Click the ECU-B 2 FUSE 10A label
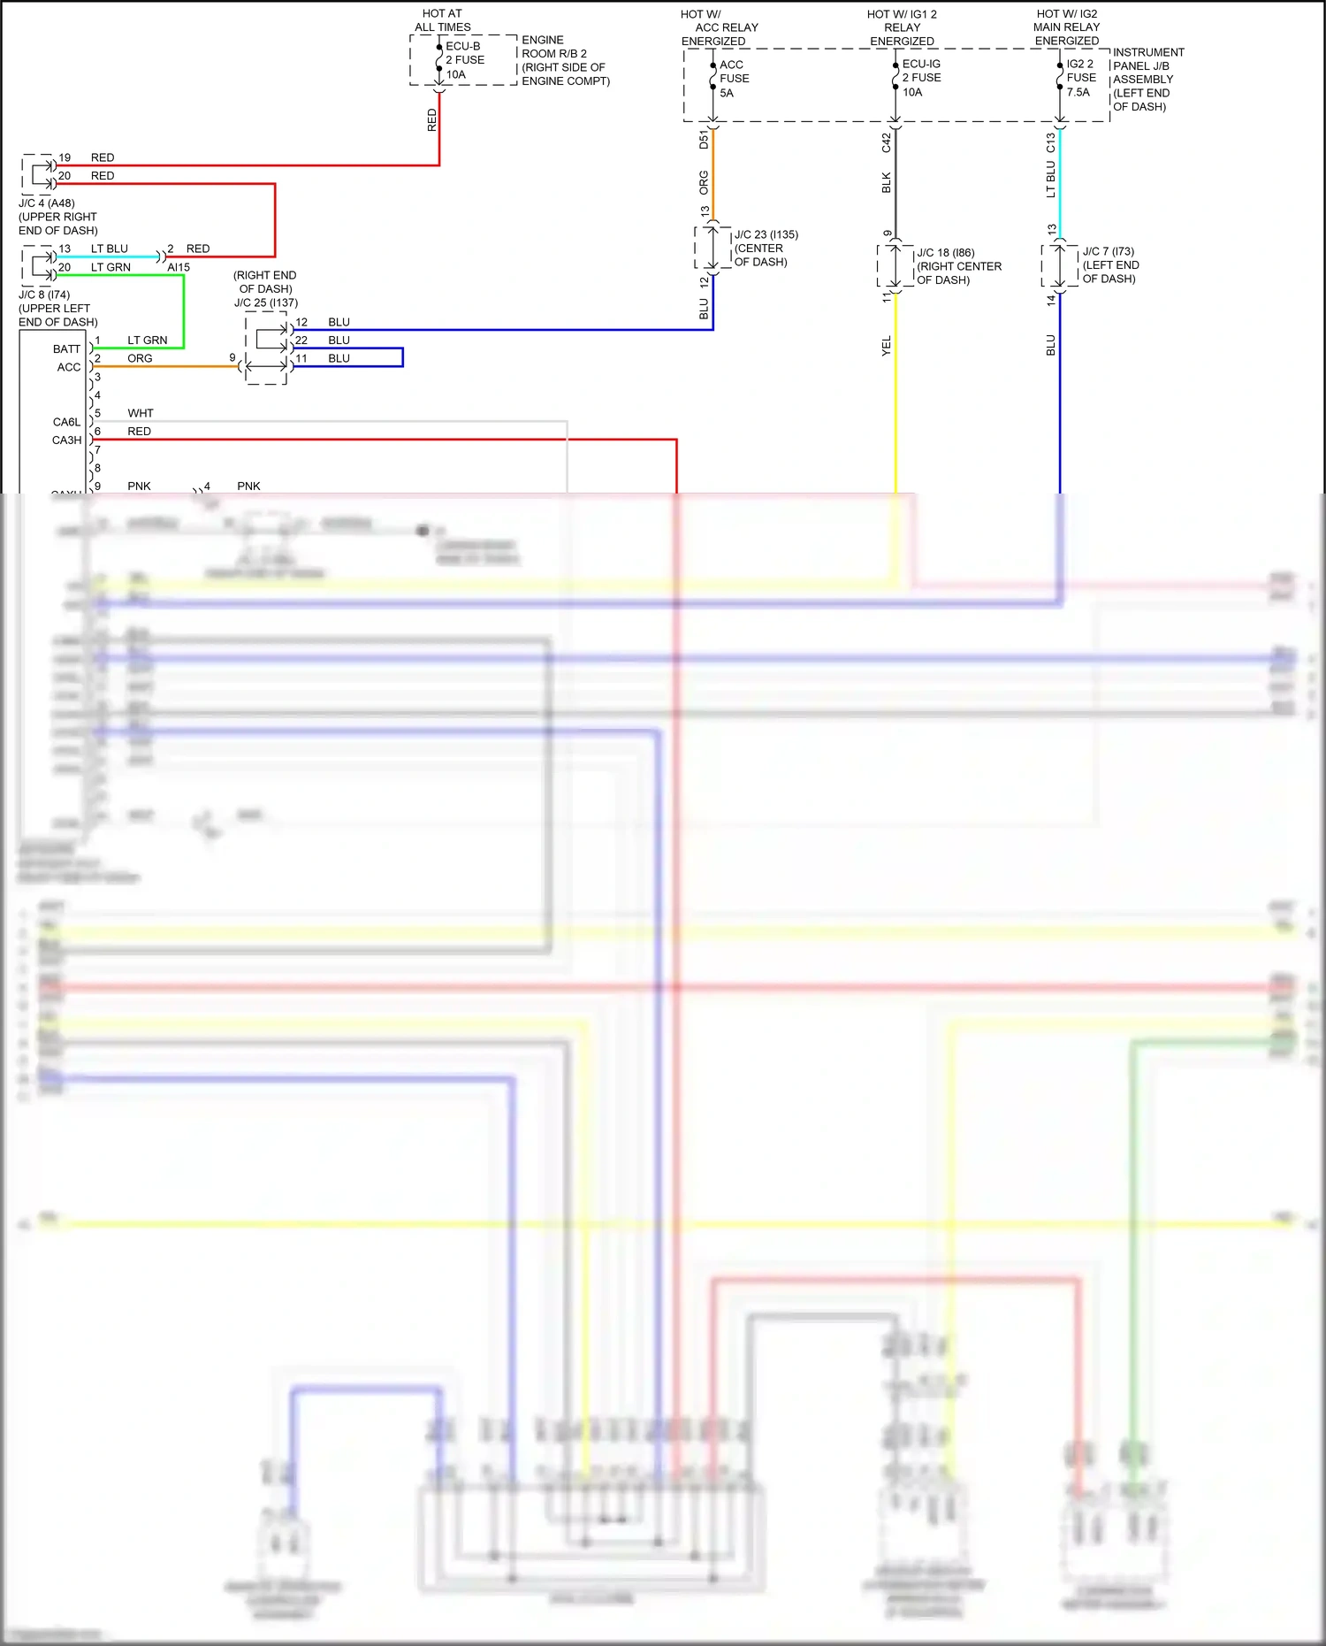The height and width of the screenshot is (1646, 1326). [464, 60]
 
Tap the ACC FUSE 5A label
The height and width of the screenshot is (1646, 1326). [734, 79]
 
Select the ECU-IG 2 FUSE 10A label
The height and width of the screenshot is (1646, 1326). [921, 78]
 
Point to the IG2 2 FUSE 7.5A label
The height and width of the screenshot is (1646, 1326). [1080, 78]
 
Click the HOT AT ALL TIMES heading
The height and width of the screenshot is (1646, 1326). [442, 20]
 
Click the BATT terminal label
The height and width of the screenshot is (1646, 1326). [66, 348]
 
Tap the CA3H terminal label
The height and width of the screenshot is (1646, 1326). [66, 440]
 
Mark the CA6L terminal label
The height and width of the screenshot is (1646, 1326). [66, 422]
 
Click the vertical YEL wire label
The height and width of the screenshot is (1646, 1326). [887, 346]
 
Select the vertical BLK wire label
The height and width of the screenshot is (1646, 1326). [887, 182]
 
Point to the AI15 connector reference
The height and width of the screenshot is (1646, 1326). [179, 267]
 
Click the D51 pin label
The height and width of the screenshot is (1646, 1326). [704, 139]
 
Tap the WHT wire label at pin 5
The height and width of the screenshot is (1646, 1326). [140, 413]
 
